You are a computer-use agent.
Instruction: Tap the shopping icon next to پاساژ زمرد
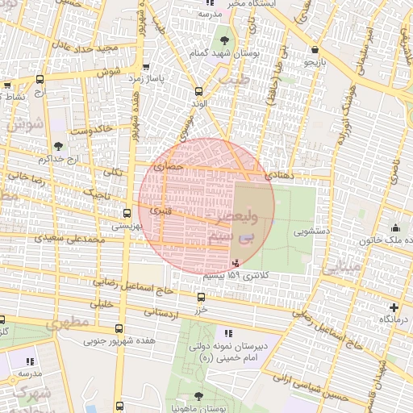(x=145, y=68)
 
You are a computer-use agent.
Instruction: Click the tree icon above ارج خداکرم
(x=57, y=145)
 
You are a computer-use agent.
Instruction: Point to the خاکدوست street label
(x=90, y=130)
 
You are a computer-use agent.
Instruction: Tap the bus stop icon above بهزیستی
(x=127, y=214)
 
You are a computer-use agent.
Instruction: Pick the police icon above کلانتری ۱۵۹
(x=236, y=263)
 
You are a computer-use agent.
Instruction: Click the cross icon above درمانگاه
(x=394, y=307)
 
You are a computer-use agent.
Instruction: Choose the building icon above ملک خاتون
(x=394, y=228)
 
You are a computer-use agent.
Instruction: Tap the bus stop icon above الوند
(x=199, y=92)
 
